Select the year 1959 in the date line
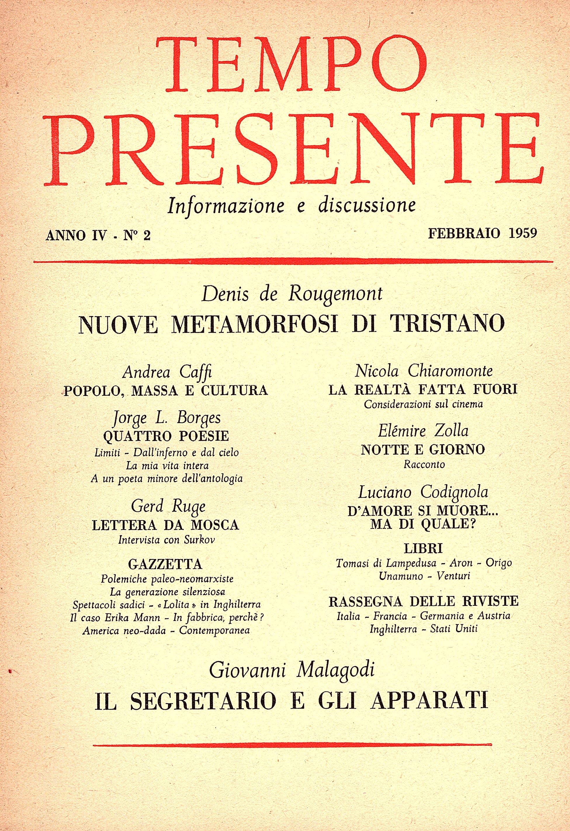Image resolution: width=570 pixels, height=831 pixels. tap(523, 233)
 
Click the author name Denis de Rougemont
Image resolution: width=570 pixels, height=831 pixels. tap(292, 294)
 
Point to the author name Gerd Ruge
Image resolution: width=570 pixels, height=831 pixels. tap(168, 507)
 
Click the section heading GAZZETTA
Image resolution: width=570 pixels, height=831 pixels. tap(165, 564)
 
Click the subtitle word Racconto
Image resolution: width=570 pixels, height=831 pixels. tap(424, 464)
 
